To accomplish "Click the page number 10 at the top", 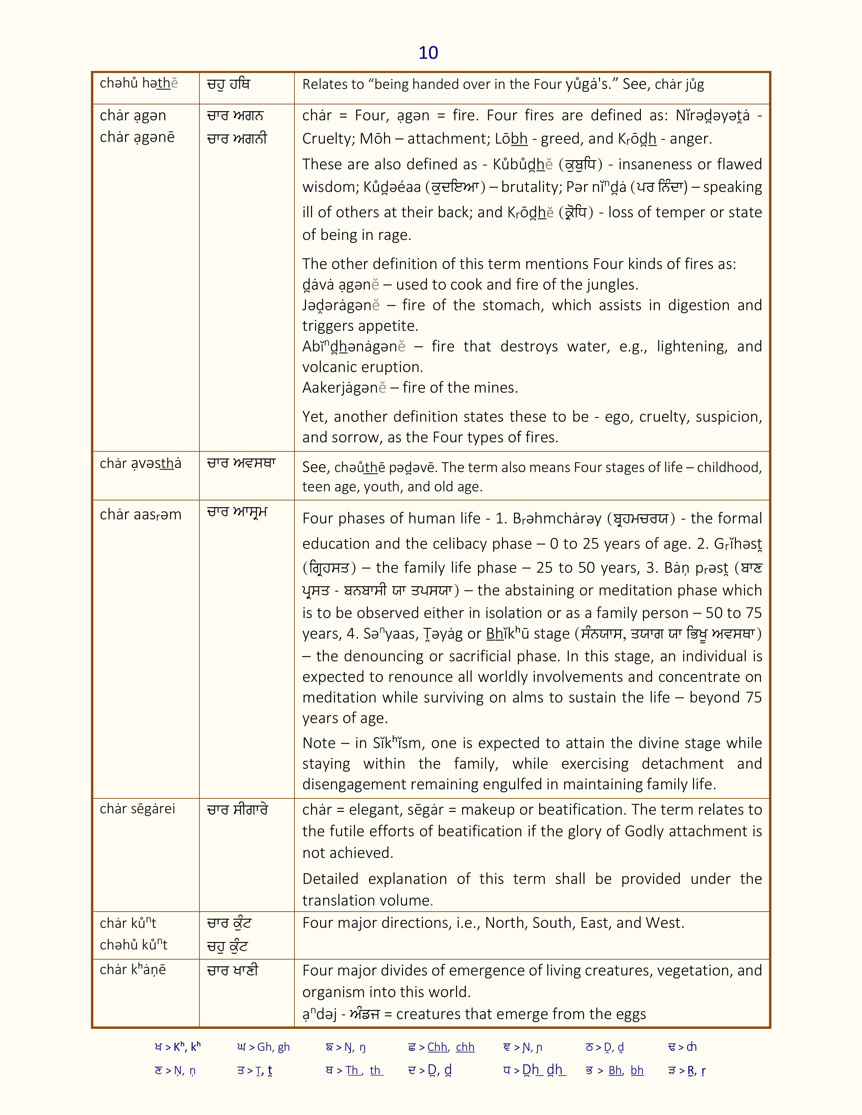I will point(428,53).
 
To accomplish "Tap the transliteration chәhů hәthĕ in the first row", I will point(139,83).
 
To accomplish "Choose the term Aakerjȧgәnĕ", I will point(344,388).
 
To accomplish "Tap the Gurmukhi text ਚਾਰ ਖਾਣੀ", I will point(232,970).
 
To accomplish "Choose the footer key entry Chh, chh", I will point(450,1047).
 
